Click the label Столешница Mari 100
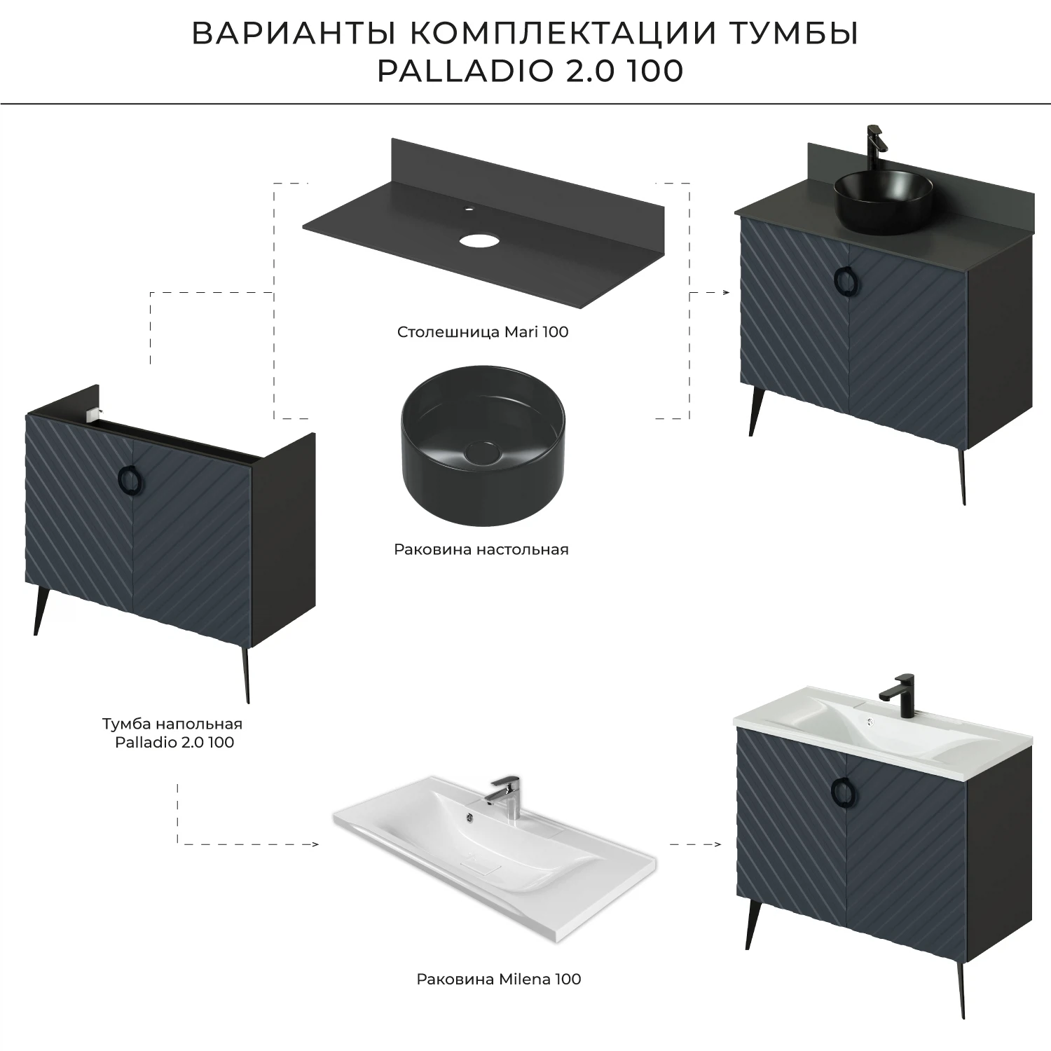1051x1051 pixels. (483, 332)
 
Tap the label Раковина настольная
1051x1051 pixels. (481, 549)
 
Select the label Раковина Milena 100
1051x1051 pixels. (499, 979)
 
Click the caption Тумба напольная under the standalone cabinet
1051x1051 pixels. (172, 724)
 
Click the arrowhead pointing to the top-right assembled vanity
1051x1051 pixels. (727, 292)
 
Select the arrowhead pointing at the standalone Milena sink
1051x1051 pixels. (315, 844)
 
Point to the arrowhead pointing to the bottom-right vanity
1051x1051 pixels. (717, 844)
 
